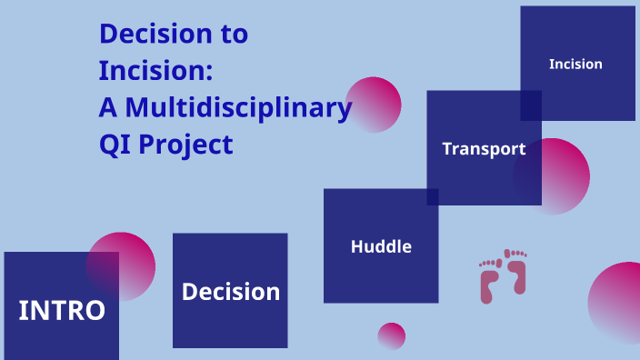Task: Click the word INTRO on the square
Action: coord(62,310)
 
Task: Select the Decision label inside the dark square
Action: coord(230,292)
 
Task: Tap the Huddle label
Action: coord(381,246)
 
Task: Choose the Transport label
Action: coord(484,149)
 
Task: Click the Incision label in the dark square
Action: coord(575,64)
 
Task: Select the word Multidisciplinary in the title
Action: coord(238,107)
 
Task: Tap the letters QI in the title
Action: coord(114,144)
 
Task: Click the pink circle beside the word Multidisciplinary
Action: coord(373,105)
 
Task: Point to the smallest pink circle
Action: coord(391,336)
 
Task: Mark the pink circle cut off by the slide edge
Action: coord(618,303)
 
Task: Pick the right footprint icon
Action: coord(516,273)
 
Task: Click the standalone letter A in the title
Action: coord(108,107)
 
